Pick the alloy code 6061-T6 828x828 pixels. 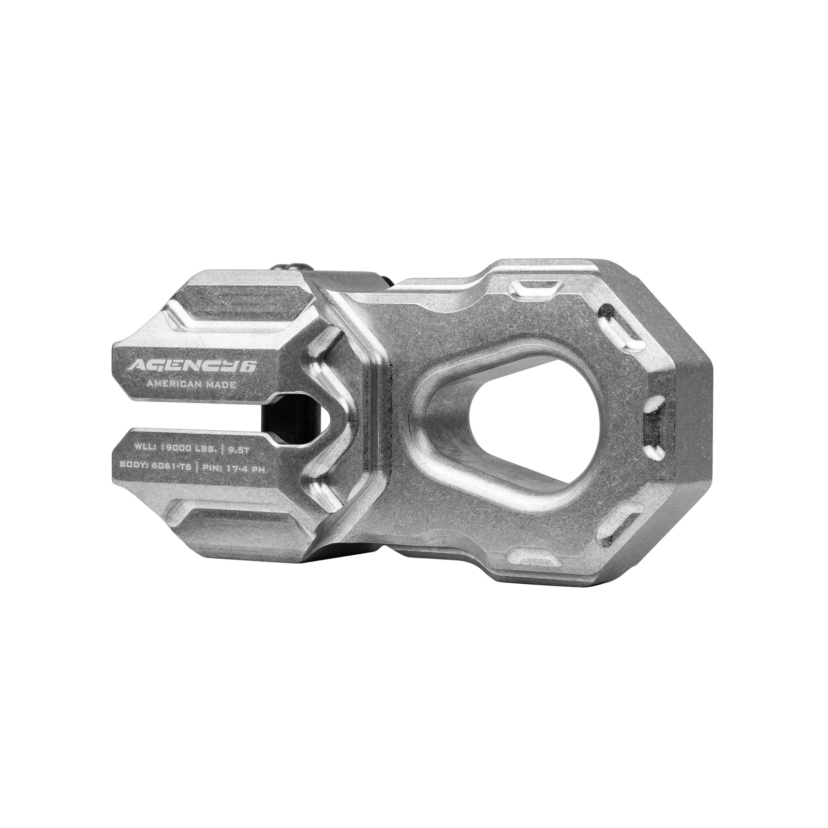pyautogui.click(x=173, y=466)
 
